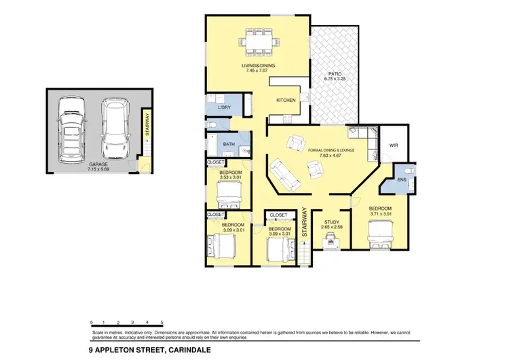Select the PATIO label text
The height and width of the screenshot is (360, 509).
[334, 73]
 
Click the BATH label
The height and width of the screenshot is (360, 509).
[228, 144]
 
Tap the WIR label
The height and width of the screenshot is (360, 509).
[393, 145]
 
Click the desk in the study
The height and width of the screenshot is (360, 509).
[331, 238]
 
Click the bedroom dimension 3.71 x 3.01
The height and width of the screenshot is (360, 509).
[380, 214]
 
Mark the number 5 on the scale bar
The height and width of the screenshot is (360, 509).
[162, 321]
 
